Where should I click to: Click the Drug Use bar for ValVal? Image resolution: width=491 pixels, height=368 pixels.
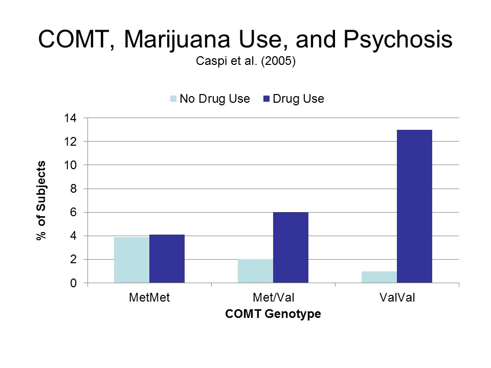point(414,206)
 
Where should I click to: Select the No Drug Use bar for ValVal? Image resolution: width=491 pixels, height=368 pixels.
point(379,277)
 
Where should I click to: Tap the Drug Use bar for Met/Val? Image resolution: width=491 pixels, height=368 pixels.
point(291,247)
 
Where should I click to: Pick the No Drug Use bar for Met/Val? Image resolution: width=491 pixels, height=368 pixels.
point(255,271)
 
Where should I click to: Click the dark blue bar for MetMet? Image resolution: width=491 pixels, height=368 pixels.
point(167,259)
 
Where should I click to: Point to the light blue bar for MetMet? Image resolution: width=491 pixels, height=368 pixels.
point(131,260)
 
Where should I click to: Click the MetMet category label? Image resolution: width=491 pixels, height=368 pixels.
point(149,298)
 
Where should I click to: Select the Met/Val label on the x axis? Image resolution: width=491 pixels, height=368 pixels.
point(273,298)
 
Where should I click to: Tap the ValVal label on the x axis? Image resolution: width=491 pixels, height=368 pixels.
point(397,298)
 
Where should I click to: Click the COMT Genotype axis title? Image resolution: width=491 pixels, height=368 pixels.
point(273,314)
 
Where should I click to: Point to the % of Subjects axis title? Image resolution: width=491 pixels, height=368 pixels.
point(42,200)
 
